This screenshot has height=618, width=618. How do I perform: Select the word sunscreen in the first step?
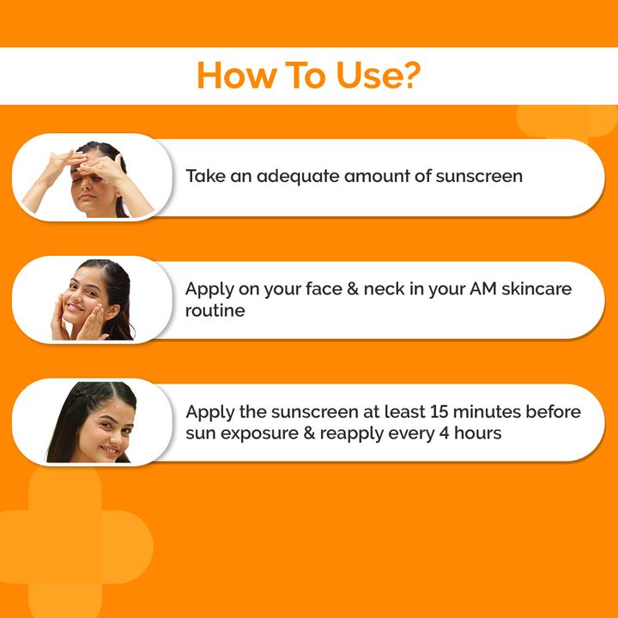coord(479,177)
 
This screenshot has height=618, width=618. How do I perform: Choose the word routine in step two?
coord(215,310)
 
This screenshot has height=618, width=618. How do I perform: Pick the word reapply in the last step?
coord(354,433)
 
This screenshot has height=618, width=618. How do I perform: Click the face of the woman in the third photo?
coord(101,425)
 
